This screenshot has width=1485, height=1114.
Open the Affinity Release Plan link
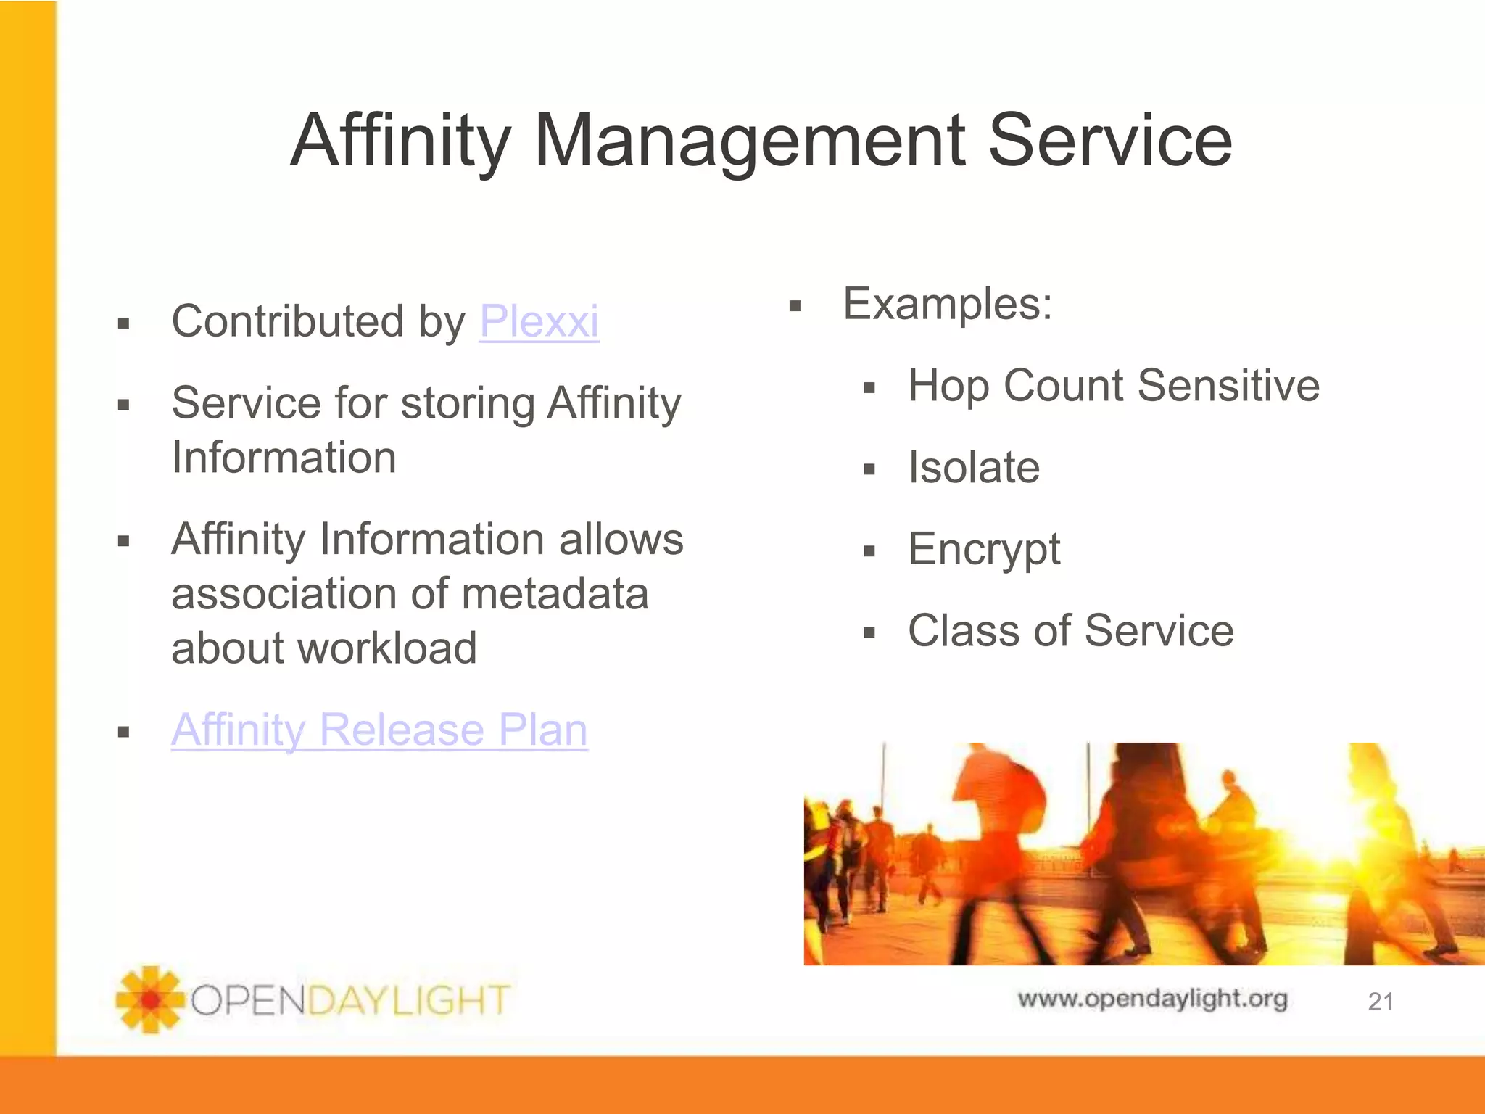pyautogui.click(x=379, y=730)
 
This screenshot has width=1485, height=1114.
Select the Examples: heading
pyautogui.click(x=947, y=304)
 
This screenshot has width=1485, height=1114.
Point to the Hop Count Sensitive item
pyautogui.click(x=1113, y=385)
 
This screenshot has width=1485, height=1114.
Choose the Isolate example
pyautogui.click(x=974, y=467)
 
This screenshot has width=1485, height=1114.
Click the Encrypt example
pyautogui.click(x=984, y=550)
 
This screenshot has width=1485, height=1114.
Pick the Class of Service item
pyautogui.click(x=1070, y=630)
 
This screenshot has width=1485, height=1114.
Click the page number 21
pyautogui.click(x=1381, y=1002)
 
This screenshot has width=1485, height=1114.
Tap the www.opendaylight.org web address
pyautogui.click(x=1152, y=999)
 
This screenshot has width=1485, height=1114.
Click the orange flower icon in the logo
pyautogui.click(x=150, y=999)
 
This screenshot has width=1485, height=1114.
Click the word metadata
pyautogui.click(x=555, y=594)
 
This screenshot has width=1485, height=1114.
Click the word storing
pyautogui.click(x=468, y=403)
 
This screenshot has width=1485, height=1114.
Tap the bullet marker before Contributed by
pyautogui.click(x=123, y=323)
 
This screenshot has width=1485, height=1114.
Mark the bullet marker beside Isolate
pyautogui.click(x=869, y=470)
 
